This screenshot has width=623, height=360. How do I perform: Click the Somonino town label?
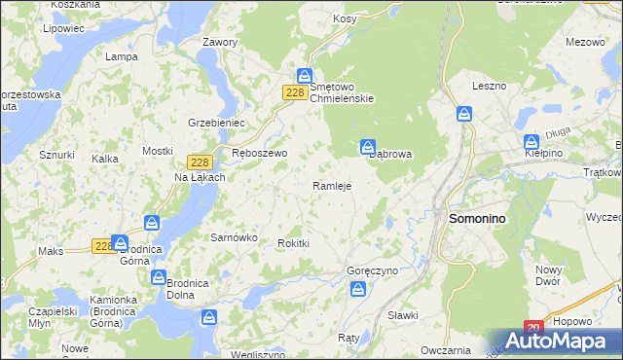pyautogui.click(x=477, y=220)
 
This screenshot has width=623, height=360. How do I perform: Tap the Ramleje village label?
pyautogui.click(x=331, y=185)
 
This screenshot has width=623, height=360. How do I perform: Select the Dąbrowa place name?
pyautogui.click(x=397, y=154)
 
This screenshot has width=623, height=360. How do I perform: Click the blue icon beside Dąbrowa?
pyautogui.click(x=368, y=148)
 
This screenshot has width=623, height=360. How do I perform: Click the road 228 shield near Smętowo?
pyautogui.click(x=297, y=92)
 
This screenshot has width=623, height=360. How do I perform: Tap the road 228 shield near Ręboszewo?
pyautogui.click(x=198, y=162)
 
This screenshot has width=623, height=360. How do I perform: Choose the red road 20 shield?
pyautogui.click(x=532, y=329)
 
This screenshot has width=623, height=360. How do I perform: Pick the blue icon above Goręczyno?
pyautogui.click(x=357, y=289)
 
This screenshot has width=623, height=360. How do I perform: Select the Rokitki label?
pyautogui.click(x=293, y=243)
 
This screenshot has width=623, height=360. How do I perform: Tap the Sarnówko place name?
pyautogui.click(x=234, y=236)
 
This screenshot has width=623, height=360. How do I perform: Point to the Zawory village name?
pyautogui.click(x=220, y=43)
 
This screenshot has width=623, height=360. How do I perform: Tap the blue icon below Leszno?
pyautogui.click(x=464, y=114)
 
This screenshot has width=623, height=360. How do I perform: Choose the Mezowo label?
pyautogui.click(x=585, y=42)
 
